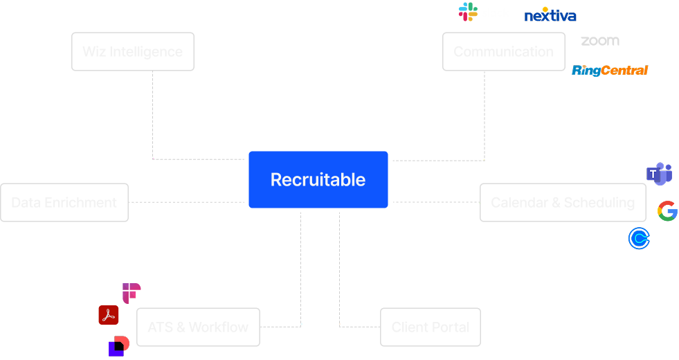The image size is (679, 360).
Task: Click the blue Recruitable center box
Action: pyautogui.click(x=318, y=179)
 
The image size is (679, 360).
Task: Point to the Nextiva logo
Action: pyautogui.click(x=550, y=15)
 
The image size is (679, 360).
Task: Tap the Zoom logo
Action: pyautogui.click(x=600, y=41)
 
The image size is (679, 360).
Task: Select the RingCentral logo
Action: pyautogui.click(x=610, y=70)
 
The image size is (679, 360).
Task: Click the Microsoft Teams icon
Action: pyautogui.click(x=659, y=174)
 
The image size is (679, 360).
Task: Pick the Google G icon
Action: pyautogui.click(x=667, y=211)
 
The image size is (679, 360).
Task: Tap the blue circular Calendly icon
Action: pyautogui.click(x=639, y=239)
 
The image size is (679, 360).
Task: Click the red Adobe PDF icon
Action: pyautogui.click(x=109, y=315)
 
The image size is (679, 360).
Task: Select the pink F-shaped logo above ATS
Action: pyautogui.click(x=131, y=292)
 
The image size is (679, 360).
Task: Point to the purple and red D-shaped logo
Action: pyautogui.click(x=119, y=345)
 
